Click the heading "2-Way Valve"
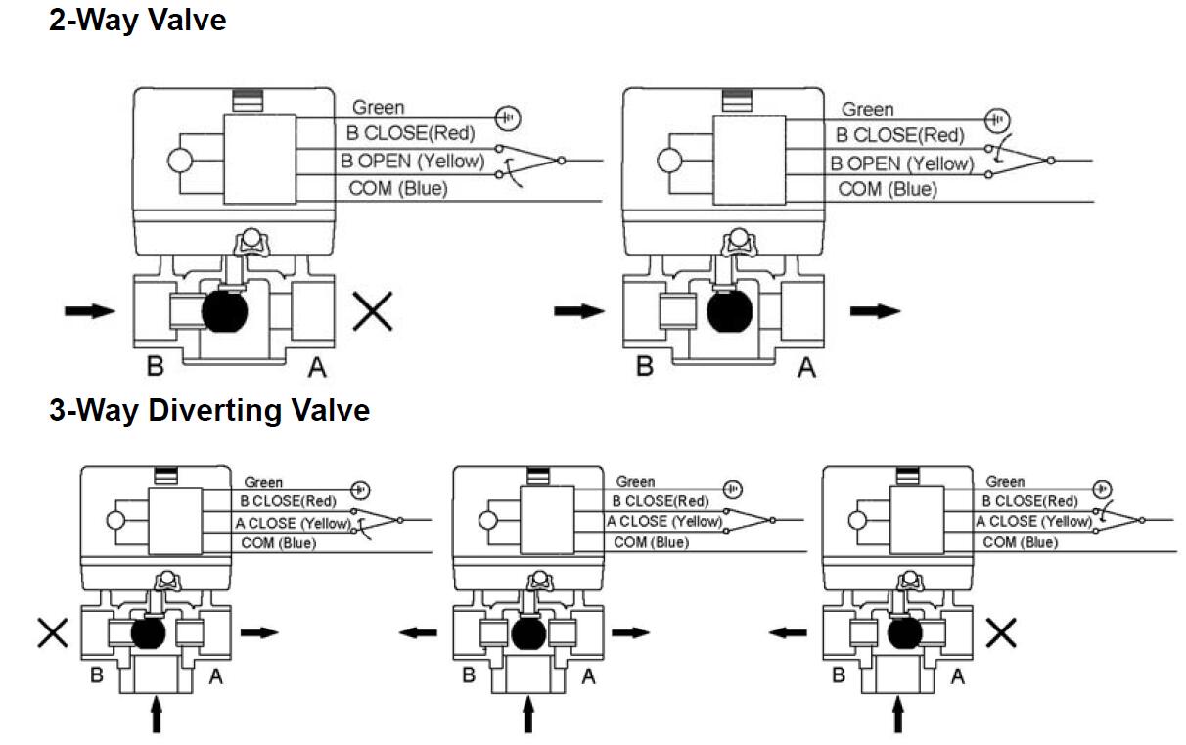pyautogui.click(x=137, y=19)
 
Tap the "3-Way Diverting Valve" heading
pyautogui.click(x=209, y=410)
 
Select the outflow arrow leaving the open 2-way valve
pyautogui.click(x=875, y=311)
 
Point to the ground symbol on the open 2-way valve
pyautogui.click(x=996, y=119)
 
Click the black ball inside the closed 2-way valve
pyautogui.click(x=227, y=311)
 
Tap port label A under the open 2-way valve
pyautogui.click(x=806, y=368)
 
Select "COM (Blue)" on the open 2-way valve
pyautogui.click(x=888, y=189)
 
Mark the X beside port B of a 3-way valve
pyautogui.click(x=52, y=633)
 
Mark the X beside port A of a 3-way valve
pyautogui.click(x=1001, y=633)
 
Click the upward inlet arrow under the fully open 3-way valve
pyautogui.click(x=528, y=713)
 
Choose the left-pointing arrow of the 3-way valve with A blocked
pyautogui.click(x=789, y=633)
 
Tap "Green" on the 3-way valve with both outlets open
pyautogui.click(x=635, y=482)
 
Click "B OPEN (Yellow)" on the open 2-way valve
pyautogui.click(x=901, y=163)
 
